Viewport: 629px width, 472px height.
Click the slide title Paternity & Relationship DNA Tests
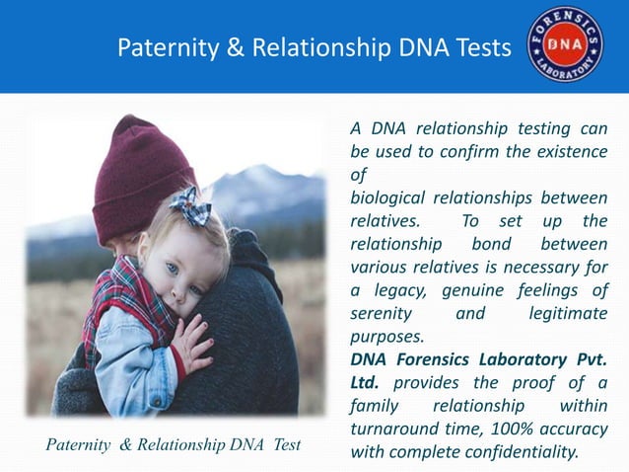(x=314, y=47)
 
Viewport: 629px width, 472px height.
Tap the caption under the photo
(x=174, y=445)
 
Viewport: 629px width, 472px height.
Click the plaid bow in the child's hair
(x=189, y=206)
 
